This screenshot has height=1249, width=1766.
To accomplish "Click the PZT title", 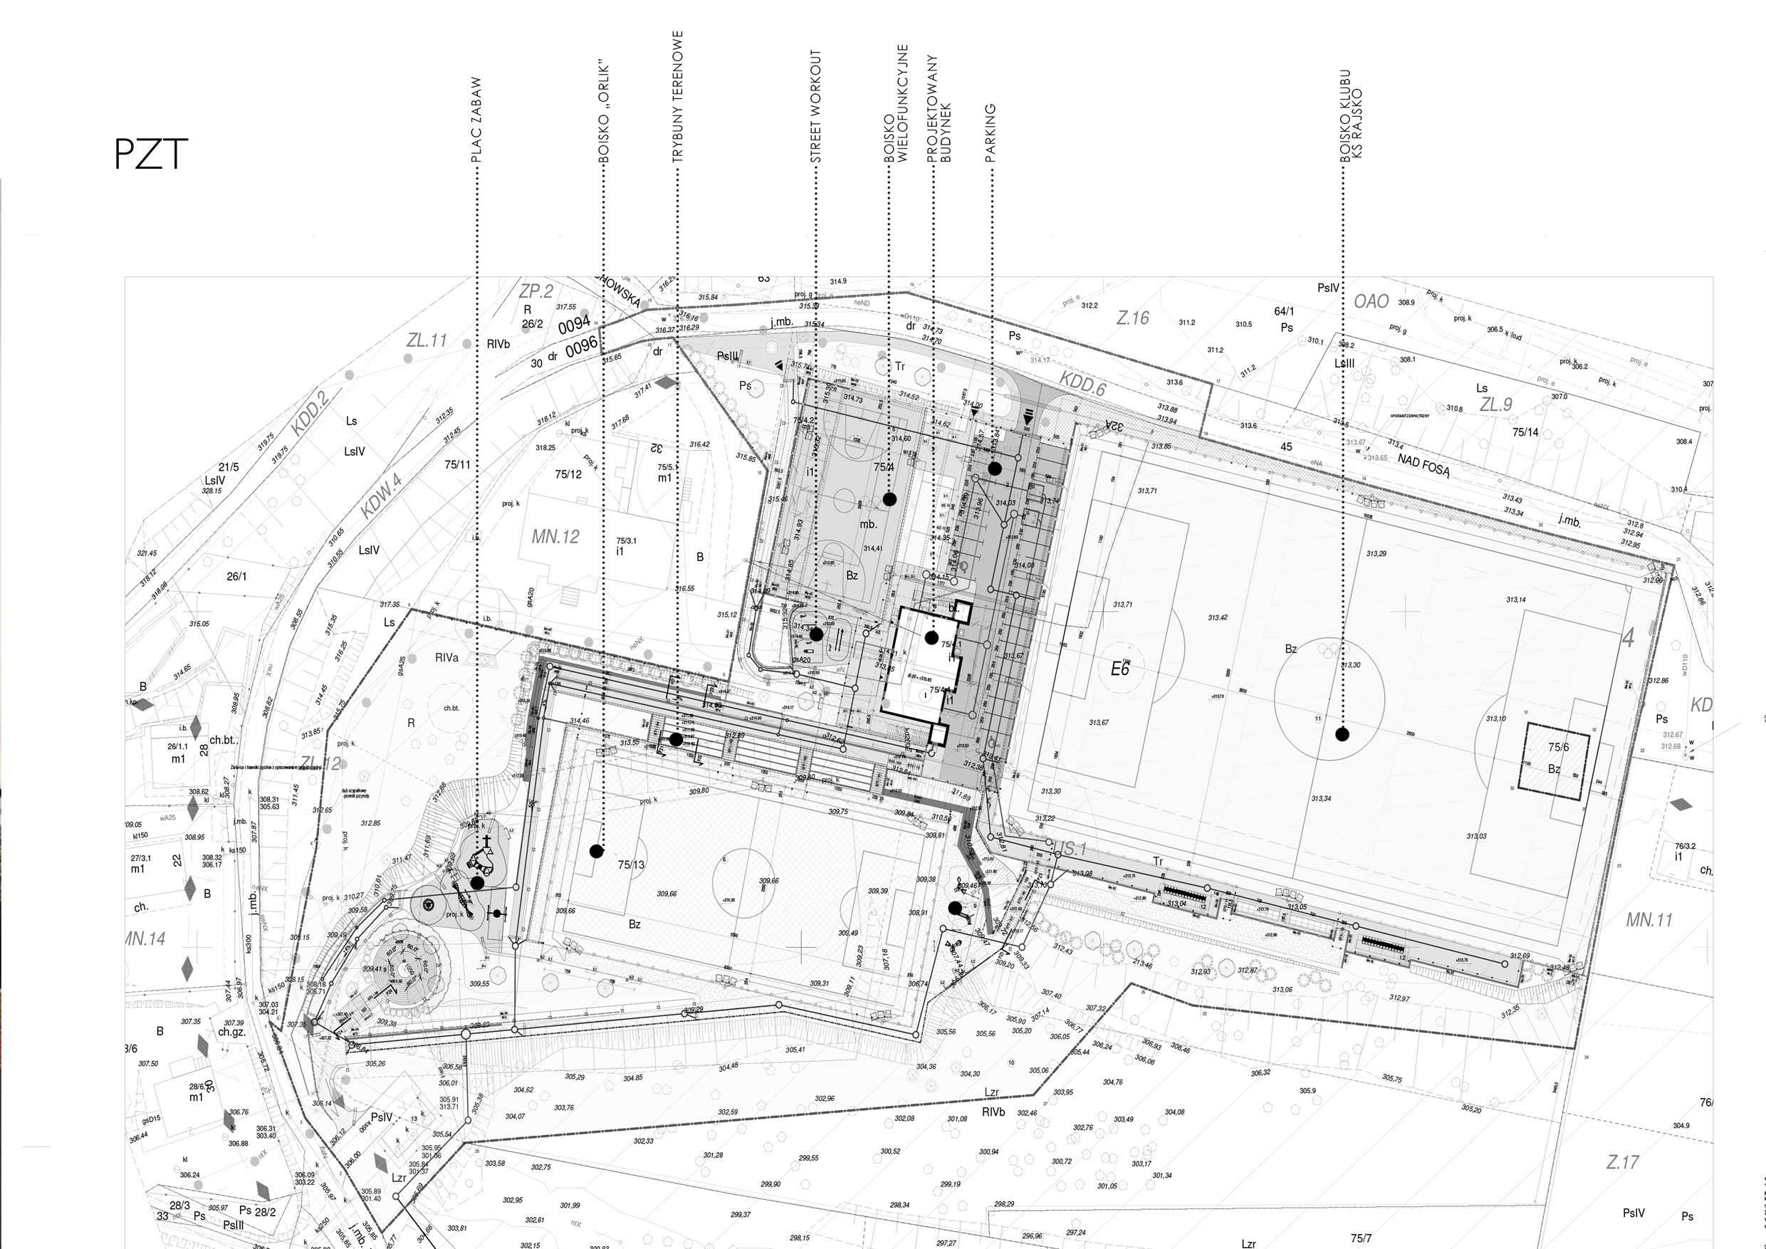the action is (x=151, y=155).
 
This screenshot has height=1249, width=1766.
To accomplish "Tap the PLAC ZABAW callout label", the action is (x=477, y=119).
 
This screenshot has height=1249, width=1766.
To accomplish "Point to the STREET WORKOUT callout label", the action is (x=816, y=106).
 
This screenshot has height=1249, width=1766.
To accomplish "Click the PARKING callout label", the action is (x=991, y=133).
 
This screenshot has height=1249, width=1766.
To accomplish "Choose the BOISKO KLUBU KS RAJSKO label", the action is (x=1351, y=115).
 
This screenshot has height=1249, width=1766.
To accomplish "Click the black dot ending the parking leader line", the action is (x=995, y=469).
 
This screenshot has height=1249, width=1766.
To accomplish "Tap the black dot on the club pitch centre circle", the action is (x=1342, y=734).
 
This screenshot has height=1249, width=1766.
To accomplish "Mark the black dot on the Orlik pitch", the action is (x=596, y=851).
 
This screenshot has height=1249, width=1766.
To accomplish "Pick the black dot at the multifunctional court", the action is (x=890, y=499).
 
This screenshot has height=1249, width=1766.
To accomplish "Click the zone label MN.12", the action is (x=555, y=537).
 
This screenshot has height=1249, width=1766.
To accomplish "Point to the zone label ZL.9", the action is (x=1496, y=404).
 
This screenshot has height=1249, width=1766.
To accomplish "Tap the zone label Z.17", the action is (x=1622, y=1162).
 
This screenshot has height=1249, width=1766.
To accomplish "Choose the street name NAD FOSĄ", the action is (x=1423, y=465).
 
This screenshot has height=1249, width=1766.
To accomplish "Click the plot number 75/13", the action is (x=631, y=864).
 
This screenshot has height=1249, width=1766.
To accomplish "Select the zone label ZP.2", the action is (x=536, y=291).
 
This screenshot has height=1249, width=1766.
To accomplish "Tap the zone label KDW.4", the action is (x=382, y=496).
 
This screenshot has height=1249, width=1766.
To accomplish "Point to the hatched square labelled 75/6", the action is (x=1559, y=758).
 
